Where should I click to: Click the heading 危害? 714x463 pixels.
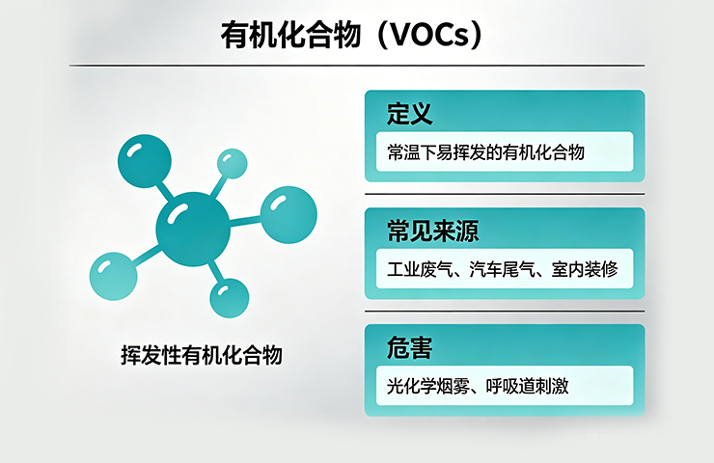point(408,348)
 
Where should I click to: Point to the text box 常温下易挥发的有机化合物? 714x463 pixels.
point(504,152)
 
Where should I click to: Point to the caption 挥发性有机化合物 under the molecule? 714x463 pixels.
point(201,355)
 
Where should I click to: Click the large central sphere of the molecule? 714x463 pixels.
point(193,229)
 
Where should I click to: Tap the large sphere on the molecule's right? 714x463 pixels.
point(288,214)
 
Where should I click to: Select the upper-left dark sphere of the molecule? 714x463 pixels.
point(144,160)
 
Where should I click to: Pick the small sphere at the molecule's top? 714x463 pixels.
point(232,163)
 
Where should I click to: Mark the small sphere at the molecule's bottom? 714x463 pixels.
point(229,296)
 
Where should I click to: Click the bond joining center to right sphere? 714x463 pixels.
point(245,221)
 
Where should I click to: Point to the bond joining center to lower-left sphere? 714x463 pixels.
point(150,254)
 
